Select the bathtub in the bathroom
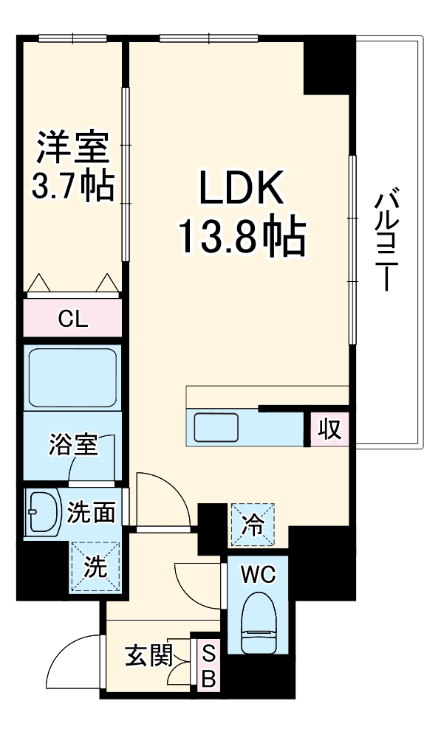72,377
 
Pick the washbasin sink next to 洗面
42,511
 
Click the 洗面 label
91,511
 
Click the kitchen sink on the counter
216,427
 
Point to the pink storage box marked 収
329,428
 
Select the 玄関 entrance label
148,654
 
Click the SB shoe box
208,666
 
